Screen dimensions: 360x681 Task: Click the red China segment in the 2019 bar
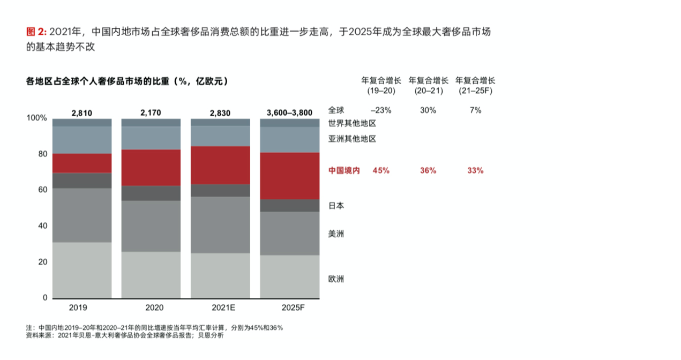(82, 163)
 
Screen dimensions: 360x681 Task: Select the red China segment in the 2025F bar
(290, 176)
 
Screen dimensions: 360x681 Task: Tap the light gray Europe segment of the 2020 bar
(151, 275)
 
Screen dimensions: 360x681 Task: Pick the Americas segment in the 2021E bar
(220, 224)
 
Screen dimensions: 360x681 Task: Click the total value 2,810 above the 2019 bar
(82, 112)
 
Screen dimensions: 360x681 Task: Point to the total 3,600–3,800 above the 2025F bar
(289, 112)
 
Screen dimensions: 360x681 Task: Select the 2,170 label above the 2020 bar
(151, 112)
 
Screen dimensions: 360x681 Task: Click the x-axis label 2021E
(220, 308)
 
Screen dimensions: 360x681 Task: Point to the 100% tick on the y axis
(37, 118)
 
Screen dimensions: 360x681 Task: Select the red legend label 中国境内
(344, 170)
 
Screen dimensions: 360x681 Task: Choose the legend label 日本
(336, 205)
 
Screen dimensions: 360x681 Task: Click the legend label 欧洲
(336, 279)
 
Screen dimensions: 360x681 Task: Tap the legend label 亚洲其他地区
(352, 139)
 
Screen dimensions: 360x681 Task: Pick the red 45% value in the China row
(381, 170)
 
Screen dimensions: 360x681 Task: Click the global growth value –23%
(381, 110)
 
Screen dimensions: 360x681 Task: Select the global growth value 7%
(476, 110)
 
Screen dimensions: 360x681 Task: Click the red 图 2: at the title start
(36, 32)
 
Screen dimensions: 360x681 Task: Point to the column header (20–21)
(428, 91)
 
